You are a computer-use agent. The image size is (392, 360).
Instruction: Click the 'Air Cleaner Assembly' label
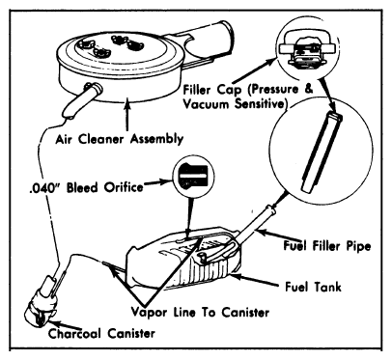click(120, 139)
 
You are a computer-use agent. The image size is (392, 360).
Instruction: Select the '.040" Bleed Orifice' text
click(85, 187)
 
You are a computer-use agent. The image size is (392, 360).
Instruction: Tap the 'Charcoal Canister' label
click(101, 333)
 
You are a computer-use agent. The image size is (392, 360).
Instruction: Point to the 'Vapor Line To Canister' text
click(200, 312)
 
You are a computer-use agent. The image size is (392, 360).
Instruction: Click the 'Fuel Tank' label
click(313, 287)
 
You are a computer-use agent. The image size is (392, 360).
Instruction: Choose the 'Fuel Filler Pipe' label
click(327, 246)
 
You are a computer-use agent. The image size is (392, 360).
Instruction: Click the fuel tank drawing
click(184, 258)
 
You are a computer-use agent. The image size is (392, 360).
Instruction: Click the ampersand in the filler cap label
click(308, 89)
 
